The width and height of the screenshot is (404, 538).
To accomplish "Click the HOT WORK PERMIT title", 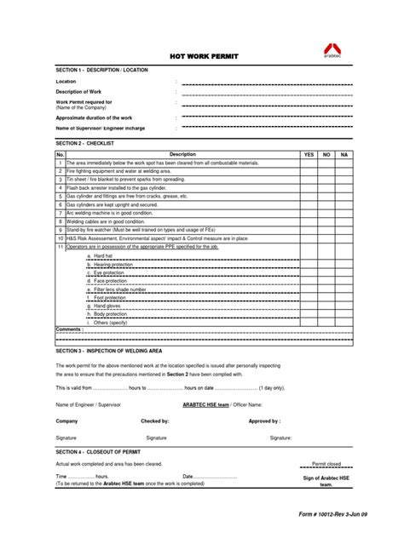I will (x=204, y=56).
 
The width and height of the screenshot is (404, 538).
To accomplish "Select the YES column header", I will (x=309, y=154).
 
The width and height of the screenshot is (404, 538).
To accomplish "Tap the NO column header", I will (x=326, y=154).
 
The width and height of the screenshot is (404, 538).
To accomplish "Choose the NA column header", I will (x=343, y=154).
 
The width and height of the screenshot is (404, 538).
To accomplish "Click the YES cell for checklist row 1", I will (x=309, y=162).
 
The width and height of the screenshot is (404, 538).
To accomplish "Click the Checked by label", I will (x=155, y=421).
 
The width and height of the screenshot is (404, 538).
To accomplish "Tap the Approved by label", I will (x=264, y=421).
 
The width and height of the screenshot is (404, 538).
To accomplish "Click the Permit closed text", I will (x=326, y=464).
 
